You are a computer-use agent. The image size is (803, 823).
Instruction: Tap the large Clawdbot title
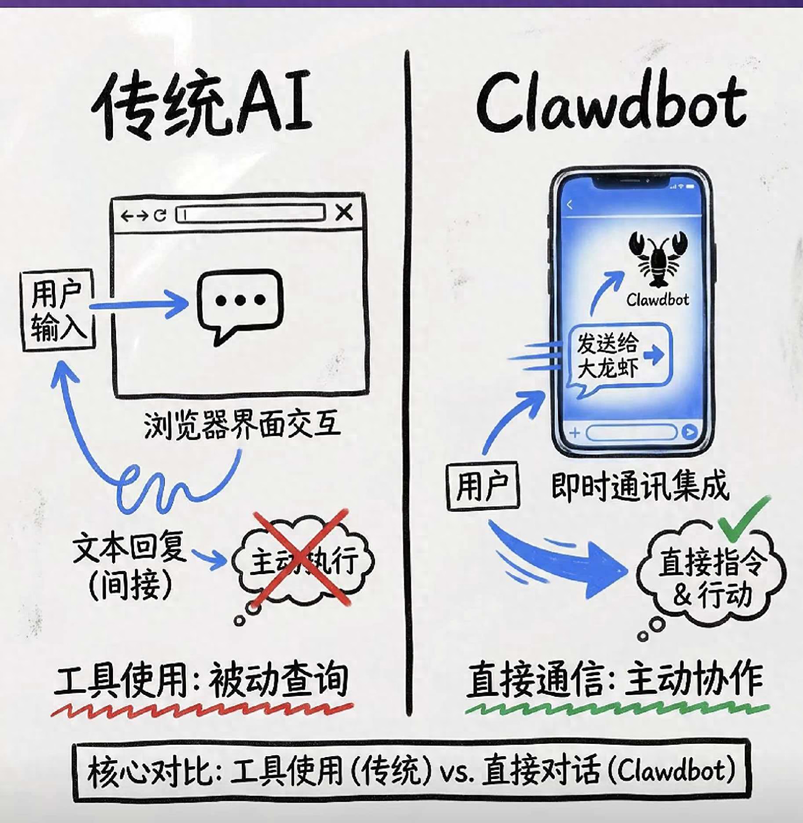611,106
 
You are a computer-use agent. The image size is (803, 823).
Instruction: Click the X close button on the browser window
344,212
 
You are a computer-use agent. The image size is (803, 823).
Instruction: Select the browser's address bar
251,214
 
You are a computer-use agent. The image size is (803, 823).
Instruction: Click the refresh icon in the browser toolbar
160,215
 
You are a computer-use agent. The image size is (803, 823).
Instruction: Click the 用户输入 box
57,310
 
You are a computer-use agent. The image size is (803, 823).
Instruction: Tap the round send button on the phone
689,432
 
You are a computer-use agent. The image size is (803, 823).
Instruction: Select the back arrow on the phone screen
570,205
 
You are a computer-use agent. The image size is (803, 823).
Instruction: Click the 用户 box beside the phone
483,486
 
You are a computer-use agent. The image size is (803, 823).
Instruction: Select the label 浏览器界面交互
242,425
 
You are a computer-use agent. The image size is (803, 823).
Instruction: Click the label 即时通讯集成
639,486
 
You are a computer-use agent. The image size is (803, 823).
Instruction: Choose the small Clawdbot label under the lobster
658,300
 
